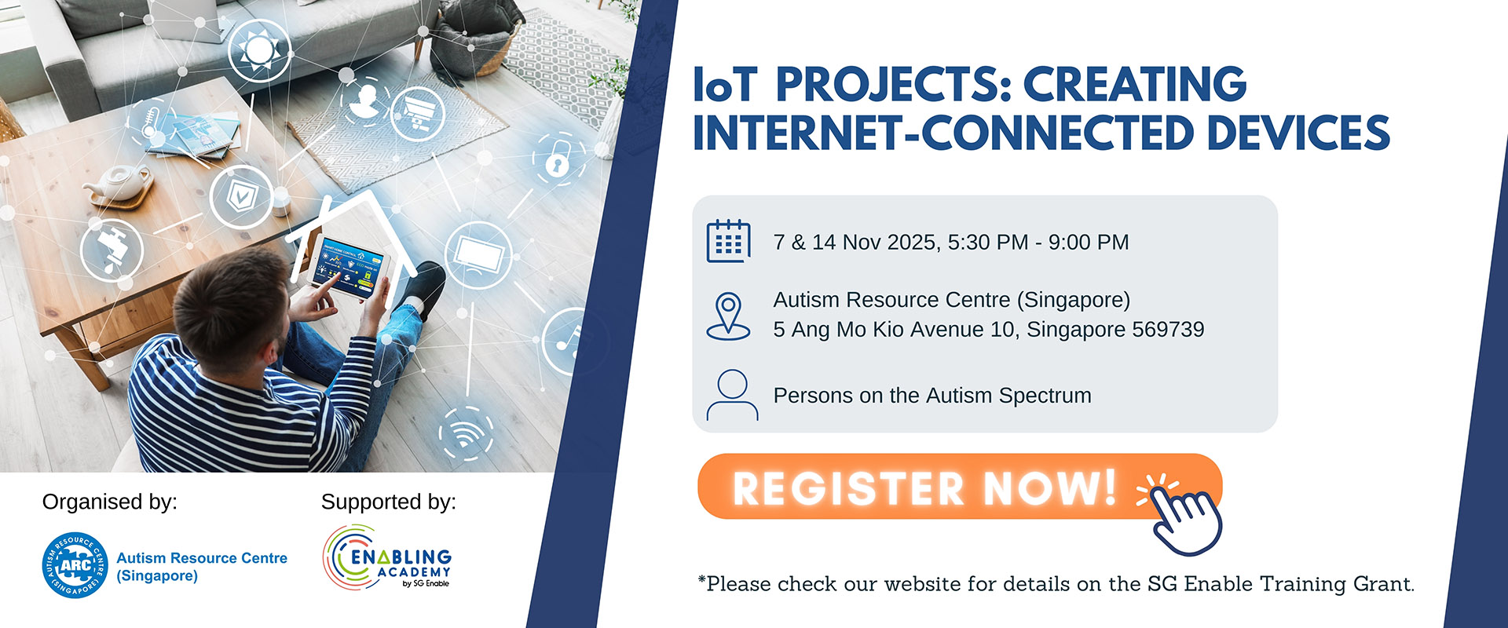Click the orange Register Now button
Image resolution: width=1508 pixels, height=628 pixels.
click(x=960, y=487)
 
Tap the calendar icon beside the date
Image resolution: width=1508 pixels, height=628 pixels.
click(x=728, y=241)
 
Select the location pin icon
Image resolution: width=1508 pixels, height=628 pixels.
click(x=728, y=316)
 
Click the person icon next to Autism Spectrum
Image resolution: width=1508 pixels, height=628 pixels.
click(x=732, y=395)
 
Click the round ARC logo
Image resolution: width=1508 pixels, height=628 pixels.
click(x=75, y=565)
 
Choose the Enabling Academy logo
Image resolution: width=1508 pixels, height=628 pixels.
click(x=387, y=558)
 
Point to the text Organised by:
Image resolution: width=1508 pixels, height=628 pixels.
click(x=110, y=502)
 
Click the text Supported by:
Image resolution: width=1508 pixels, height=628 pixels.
click(x=389, y=502)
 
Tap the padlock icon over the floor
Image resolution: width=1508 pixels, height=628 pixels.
click(x=558, y=159)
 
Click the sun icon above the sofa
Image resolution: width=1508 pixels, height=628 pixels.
click(x=259, y=49)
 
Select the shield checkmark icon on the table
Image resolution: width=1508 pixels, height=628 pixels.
click(x=241, y=196)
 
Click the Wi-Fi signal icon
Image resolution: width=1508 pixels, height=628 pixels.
click(x=467, y=433)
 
